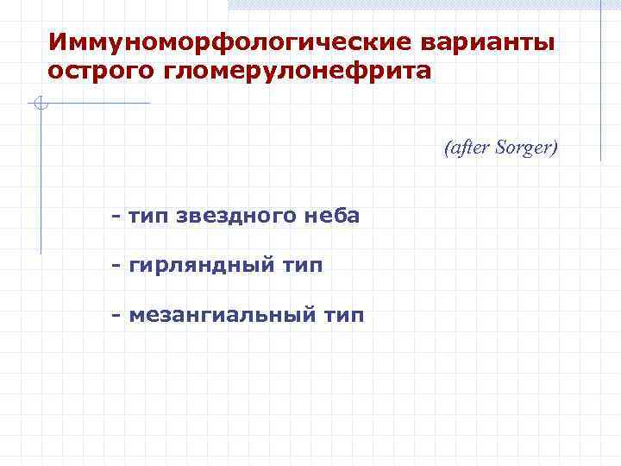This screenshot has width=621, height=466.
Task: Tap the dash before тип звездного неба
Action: pyautogui.click(x=116, y=215)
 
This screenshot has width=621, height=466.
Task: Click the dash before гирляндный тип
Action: pyautogui.click(x=116, y=265)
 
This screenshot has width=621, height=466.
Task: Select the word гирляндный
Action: pyautogui.click(x=201, y=266)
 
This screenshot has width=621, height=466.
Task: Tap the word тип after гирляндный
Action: pyautogui.click(x=302, y=266)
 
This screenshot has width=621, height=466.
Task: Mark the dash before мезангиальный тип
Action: pyautogui.click(x=116, y=315)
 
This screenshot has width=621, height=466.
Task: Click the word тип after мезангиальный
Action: pyautogui.click(x=342, y=316)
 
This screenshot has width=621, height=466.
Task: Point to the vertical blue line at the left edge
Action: pyautogui.click(x=41, y=181)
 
